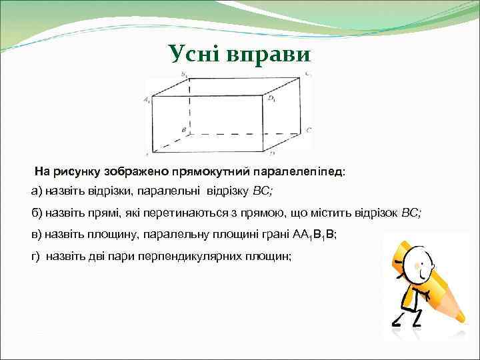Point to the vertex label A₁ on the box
[x=147, y=100]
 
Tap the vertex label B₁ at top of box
[x=184, y=75]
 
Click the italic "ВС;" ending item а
[x=263, y=191]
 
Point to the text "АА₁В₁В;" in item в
[x=315, y=235]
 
